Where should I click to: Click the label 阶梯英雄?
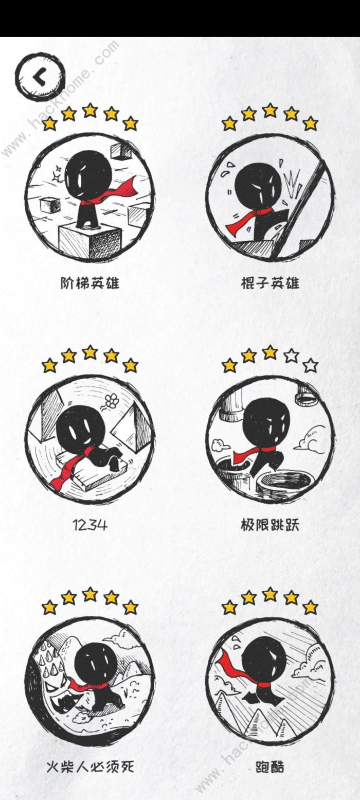click(90, 282)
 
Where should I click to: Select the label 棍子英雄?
click(270, 282)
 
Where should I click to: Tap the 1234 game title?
click(90, 525)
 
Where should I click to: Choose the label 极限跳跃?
click(270, 525)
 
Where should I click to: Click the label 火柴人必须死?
click(90, 767)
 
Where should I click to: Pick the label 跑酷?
click(270, 767)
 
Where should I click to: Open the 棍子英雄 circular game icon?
click(270, 195)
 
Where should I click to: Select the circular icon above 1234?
click(90, 437)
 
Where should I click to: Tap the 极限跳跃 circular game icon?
click(270, 437)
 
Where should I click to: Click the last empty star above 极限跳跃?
click(310, 366)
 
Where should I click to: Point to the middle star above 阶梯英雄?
click(90, 110)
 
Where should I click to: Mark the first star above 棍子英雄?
click(229, 123)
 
